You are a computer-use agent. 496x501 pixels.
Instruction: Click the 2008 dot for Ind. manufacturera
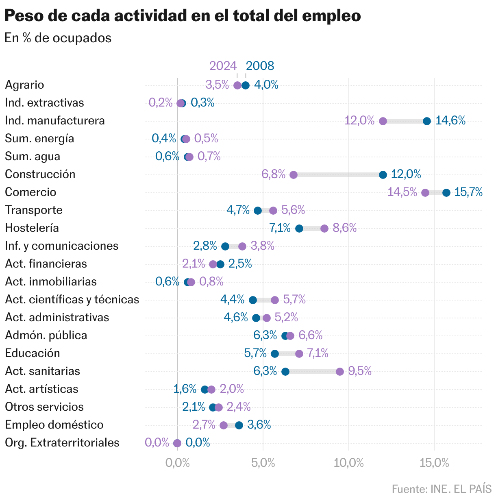(427, 121)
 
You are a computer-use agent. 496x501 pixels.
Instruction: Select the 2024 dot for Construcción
(294, 175)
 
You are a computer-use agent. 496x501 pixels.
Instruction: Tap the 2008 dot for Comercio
(446, 193)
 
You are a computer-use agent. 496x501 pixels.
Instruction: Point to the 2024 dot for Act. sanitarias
(340, 372)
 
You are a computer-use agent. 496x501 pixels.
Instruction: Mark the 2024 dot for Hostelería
(324, 229)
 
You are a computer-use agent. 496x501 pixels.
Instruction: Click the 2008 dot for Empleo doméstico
(239, 425)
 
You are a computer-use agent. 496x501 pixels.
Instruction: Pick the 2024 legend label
(223, 66)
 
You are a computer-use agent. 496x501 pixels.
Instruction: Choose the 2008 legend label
(260, 66)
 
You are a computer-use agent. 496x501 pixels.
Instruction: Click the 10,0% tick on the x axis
(348, 463)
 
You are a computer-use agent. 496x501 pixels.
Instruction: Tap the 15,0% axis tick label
(434, 463)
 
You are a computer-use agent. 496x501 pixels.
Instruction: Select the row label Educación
(33, 353)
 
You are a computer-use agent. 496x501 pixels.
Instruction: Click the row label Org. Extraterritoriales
(62, 442)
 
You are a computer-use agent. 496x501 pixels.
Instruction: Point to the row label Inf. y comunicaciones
(62, 246)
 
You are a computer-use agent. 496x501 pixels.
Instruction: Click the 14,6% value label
(450, 120)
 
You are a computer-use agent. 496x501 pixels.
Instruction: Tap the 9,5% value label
(360, 371)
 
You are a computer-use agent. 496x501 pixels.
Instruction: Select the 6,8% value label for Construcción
(273, 174)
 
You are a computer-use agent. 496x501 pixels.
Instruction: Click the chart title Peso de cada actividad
(183, 16)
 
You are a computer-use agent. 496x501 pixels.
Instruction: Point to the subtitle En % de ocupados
(58, 38)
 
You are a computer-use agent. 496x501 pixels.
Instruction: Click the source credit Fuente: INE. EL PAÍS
(442, 488)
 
